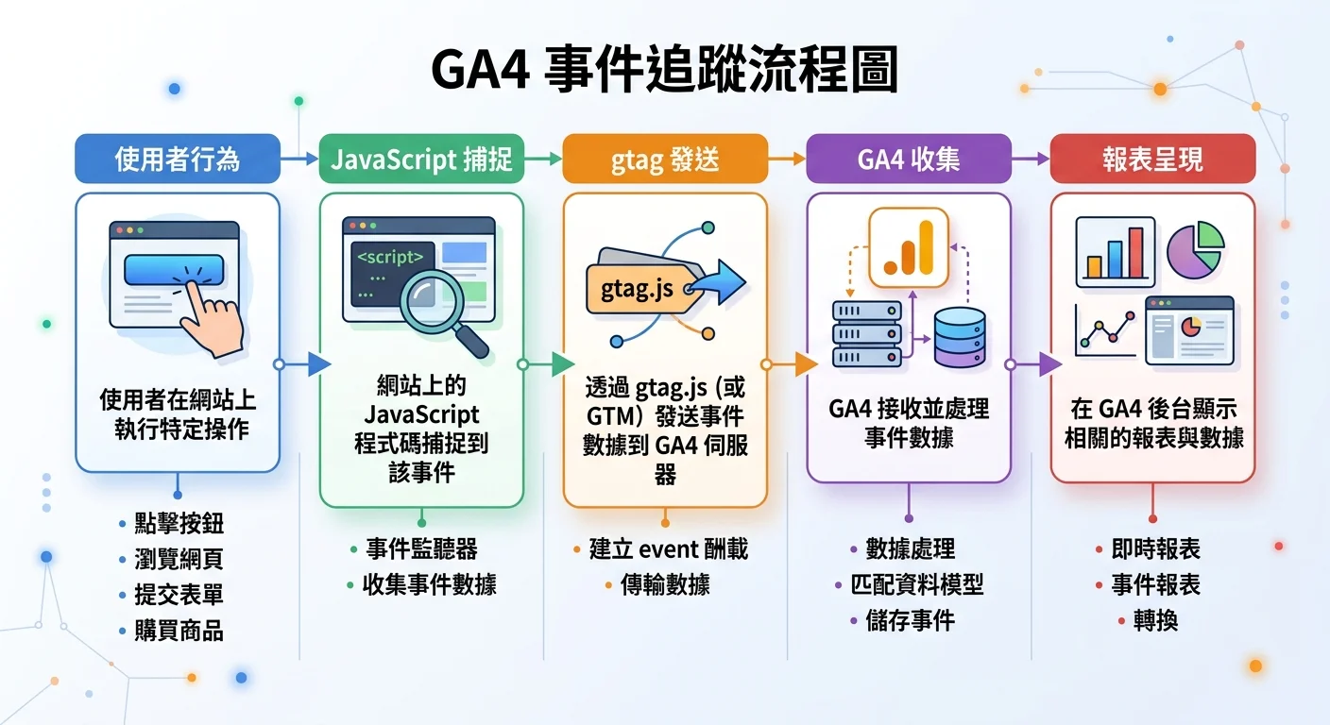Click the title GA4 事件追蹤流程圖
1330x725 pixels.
664,73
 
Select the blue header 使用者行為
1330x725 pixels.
178,159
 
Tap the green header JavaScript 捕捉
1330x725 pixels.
421,159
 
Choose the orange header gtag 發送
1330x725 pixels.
665,159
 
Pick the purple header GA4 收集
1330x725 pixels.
909,159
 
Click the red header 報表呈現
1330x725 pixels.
1152,159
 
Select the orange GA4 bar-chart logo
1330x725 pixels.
908,247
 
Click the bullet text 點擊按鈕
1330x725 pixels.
179,525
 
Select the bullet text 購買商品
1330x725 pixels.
179,631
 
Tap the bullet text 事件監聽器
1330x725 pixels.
421,549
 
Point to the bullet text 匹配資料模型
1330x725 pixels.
917,585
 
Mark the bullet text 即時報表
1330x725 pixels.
1156,549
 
